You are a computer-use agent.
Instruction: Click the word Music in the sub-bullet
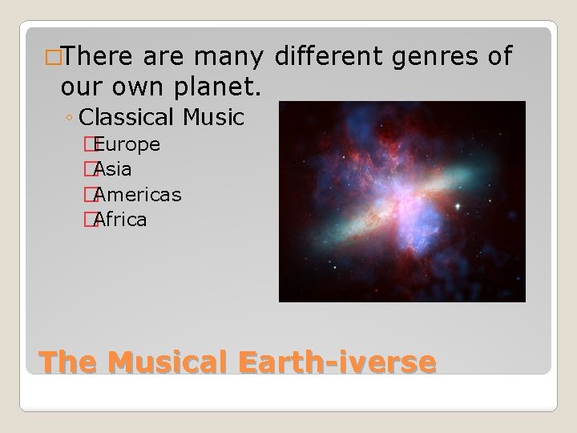point(212,117)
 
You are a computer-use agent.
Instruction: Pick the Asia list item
point(114,169)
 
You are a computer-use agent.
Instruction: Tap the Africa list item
point(120,219)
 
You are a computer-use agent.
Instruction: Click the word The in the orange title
point(68,362)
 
